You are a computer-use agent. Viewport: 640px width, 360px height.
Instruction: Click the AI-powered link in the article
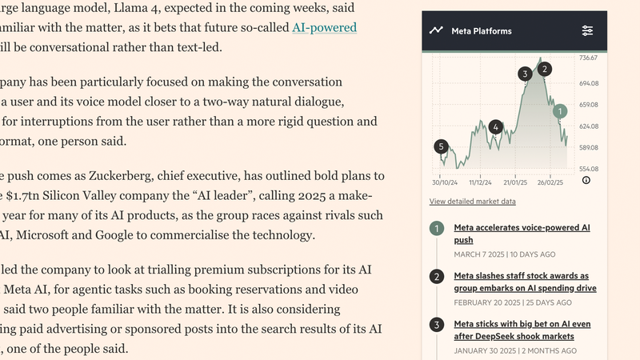pos(324,27)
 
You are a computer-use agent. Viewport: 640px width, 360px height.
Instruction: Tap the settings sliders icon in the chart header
pos(587,31)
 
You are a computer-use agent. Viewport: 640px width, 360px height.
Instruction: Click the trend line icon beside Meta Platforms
pos(436,31)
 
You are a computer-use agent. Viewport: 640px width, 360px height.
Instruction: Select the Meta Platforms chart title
pos(482,31)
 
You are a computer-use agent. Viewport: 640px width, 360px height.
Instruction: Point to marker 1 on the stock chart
pos(561,111)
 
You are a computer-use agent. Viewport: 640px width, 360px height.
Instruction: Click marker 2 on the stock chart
pos(545,69)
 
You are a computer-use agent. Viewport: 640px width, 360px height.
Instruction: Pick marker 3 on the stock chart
pos(525,74)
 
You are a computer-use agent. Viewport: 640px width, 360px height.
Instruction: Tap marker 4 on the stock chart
pos(496,127)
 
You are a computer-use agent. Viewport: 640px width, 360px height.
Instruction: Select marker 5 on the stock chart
pos(441,146)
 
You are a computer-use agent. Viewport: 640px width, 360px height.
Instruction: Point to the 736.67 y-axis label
pos(589,58)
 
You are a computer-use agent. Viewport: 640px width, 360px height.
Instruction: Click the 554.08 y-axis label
pos(589,169)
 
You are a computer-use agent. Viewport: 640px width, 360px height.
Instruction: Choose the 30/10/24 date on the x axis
pos(445,181)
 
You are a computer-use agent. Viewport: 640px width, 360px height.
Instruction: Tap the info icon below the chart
pos(586,181)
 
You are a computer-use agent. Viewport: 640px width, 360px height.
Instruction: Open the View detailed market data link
pos(472,202)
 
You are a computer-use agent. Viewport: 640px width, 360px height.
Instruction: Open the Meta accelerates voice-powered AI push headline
pos(522,234)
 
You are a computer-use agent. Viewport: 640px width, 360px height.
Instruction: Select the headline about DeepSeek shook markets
pos(522,330)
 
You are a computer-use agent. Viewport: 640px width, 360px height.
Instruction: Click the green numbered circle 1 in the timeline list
pos(437,229)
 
